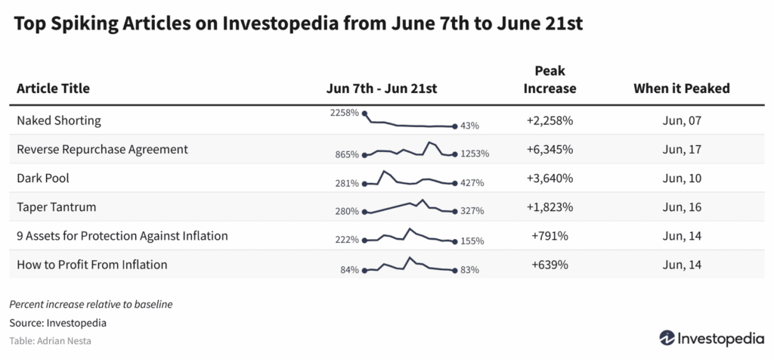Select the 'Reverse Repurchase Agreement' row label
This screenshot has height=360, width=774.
[102, 149]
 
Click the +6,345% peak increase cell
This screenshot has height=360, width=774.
[550, 149]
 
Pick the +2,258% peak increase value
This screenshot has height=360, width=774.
[550, 120]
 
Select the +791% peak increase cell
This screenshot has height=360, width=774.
[550, 235]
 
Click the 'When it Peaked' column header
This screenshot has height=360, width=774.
[681, 88]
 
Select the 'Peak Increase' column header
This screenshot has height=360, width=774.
[550, 79]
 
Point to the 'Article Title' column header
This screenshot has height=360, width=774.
[53, 88]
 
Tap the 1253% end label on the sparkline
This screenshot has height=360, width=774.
[475, 154]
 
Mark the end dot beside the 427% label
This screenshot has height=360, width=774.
[454, 183]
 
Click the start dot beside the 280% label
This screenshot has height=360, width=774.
[365, 212]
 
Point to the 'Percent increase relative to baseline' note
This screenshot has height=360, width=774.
[91, 305]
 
